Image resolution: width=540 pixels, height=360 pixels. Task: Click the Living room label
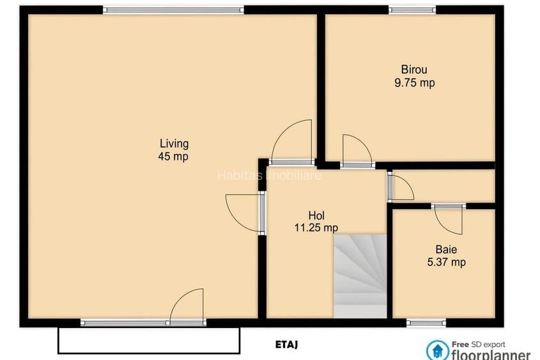tap(174, 143)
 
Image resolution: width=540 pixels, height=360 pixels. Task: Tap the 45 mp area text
tap(174, 156)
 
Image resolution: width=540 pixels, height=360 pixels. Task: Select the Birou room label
tap(414, 70)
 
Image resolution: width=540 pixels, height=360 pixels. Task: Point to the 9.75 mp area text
tap(414, 82)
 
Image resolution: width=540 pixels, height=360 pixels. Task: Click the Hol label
tap(316, 215)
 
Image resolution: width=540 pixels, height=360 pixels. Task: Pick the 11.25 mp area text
tap(316, 228)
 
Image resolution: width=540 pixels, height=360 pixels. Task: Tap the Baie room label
tap(446, 249)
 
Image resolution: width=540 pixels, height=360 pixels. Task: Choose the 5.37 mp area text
tap(446, 262)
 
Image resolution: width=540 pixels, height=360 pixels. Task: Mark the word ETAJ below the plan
tap(287, 345)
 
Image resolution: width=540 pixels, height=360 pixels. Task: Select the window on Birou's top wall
tap(412, 10)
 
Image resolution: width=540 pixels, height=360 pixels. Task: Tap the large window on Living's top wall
tap(174, 10)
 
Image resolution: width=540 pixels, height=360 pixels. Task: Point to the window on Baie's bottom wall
tap(426, 322)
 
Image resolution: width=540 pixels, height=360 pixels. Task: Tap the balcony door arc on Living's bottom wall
tap(187, 306)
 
